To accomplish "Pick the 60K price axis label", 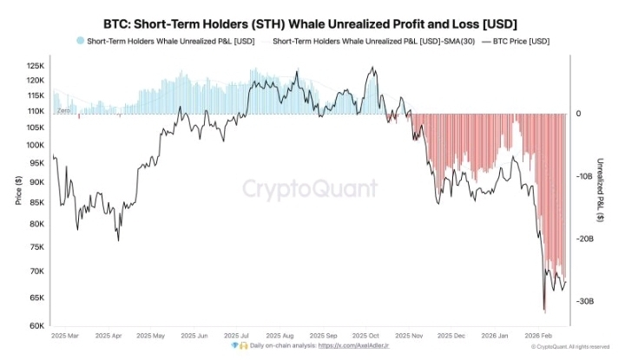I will [x=36, y=326].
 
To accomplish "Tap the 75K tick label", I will [x=36, y=246].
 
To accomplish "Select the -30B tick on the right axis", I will [x=583, y=301].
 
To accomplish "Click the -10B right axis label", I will [x=583, y=176].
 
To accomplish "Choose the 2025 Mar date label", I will [x=67, y=335].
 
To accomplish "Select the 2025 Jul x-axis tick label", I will [x=237, y=335].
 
